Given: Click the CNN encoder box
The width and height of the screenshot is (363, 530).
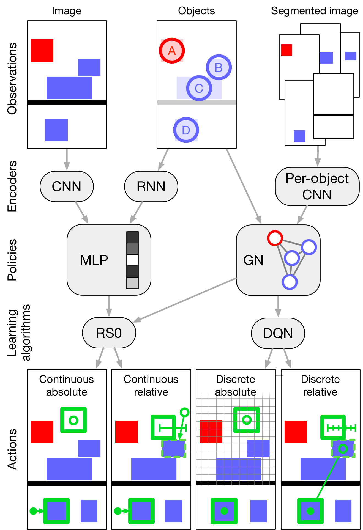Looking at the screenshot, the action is pyautogui.click(x=67, y=186).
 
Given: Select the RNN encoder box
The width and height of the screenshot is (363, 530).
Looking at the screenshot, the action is pyautogui.click(x=151, y=186).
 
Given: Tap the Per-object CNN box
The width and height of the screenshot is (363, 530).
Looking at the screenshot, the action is pyautogui.click(x=317, y=186).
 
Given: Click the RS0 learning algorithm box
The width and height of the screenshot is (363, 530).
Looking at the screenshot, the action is pyautogui.click(x=109, y=333).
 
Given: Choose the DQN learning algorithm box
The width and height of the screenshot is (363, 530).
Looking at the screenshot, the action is pyautogui.click(x=278, y=333).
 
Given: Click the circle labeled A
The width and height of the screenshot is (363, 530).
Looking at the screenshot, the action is pyautogui.click(x=172, y=51).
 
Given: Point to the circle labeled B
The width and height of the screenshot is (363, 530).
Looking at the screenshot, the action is pyautogui.click(x=219, y=67).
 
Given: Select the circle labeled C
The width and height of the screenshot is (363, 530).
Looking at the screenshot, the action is pyautogui.click(x=199, y=88).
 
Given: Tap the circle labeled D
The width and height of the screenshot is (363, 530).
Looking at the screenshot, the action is pyautogui.click(x=186, y=130).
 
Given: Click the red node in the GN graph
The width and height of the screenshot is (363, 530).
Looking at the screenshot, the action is pyautogui.click(x=275, y=238).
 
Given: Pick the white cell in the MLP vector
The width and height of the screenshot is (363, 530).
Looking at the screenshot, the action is pyautogui.click(x=132, y=260).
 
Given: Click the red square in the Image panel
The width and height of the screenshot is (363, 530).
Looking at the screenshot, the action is pyautogui.click(x=42, y=51).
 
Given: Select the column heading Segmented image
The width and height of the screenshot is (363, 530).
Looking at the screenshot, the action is pyautogui.click(x=315, y=11).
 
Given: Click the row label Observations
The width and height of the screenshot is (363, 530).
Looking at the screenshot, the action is pyautogui.click(x=12, y=79).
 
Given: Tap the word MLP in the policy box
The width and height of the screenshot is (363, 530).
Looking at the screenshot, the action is pyautogui.click(x=94, y=260).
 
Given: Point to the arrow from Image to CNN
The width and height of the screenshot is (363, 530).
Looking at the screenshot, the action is pyautogui.click(x=67, y=159).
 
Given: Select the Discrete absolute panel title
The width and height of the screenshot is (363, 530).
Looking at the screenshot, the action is pyautogui.click(x=236, y=386).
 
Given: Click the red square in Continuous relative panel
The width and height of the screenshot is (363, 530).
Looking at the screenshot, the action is pyautogui.click(x=127, y=432).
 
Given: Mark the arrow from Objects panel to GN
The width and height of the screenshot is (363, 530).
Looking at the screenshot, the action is pyautogui.click(x=244, y=186).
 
